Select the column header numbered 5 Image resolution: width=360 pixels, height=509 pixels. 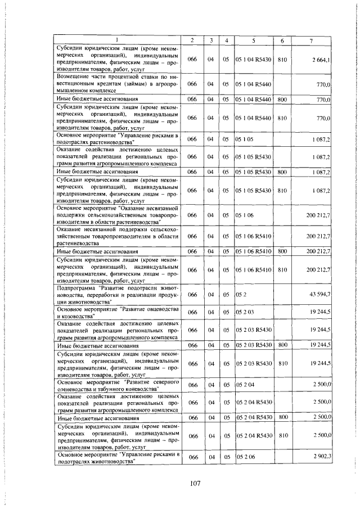coord(254,40)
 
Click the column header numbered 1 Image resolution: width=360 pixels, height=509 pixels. coord(117,40)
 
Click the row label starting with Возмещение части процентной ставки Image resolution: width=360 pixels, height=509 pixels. coord(117,83)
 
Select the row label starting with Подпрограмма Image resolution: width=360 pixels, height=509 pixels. coord(117,294)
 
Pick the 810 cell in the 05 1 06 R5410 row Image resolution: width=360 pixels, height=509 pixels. coord(282,270)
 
